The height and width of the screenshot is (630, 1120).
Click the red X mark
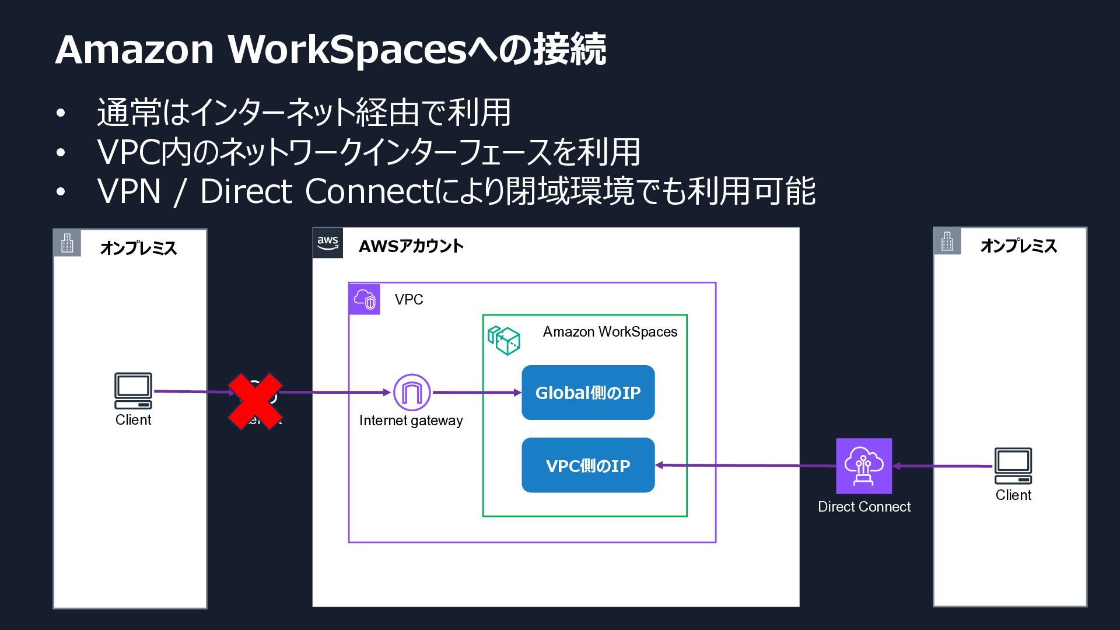[x=255, y=401]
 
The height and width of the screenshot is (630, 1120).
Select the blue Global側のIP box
[x=588, y=393]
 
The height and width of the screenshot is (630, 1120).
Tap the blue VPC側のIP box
[x=588, y=466]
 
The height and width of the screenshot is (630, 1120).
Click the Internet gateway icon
[x=412, y=393]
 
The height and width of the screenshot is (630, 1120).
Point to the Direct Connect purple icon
[x=864, y=466]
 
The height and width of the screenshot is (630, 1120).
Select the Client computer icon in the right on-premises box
[x=1013, y=466]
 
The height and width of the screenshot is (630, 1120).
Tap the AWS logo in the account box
[x=328, y=243]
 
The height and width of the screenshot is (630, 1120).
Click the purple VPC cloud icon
[x=365, y=299]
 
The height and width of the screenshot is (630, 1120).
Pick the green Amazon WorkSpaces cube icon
[x=504, y=341]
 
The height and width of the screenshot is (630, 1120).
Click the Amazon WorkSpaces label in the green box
[x=610, y=332]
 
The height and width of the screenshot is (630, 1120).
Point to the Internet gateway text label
[x=411, y=421]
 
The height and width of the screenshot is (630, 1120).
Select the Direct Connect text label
[x=864, y=507]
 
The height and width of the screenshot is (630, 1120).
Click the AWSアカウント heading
[x=411, y=246]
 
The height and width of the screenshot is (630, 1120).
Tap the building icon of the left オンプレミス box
[x=67, y=243]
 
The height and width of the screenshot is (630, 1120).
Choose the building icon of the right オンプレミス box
[x=947, y=241]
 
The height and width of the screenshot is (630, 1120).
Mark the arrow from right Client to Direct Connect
[x=942, y=466]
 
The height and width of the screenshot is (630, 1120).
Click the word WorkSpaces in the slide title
[x=346, y=50]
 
